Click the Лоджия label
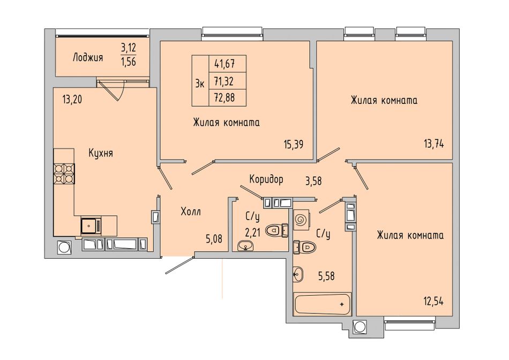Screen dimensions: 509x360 [88, 58]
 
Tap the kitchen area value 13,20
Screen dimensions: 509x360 [72, 99]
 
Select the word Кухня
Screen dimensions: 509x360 [101, 153]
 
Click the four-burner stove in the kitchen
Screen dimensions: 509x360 [64, 174]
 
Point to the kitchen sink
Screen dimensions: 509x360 [91, 226]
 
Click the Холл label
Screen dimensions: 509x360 [191, 212]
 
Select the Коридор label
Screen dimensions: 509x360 [266, 179]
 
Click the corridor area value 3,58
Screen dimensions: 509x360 [313, 181]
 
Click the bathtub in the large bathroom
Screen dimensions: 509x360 [322, 304]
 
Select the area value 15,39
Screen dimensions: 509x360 [294, 144]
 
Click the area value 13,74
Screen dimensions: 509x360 [433, 144]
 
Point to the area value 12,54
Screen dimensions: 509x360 [433, 302]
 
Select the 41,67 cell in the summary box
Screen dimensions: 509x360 [224, 64]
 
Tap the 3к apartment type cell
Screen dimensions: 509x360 [200, 84]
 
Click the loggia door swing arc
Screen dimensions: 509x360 [120, 92]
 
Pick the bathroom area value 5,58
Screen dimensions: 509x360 [326, 276]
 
